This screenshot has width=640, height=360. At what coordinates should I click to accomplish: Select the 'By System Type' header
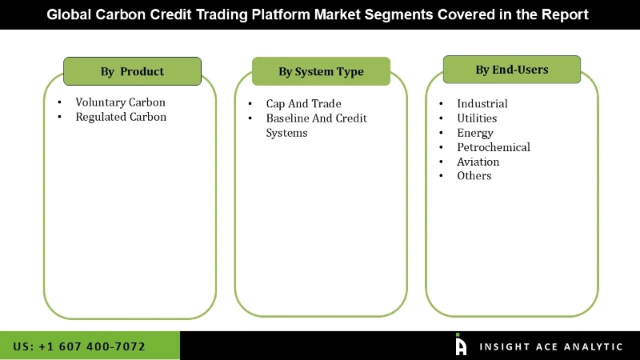(x=321, y=71)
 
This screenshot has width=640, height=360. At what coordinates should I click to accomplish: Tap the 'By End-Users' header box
(x=512, y=70)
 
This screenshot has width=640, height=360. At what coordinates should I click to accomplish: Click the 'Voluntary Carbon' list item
(x=120, y=102)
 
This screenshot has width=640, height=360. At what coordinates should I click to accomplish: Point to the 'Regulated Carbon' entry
(x=121, y=117)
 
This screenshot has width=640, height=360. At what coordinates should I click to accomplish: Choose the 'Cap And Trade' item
(x=303, y=104)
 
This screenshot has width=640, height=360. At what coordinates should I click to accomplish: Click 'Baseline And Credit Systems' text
(x=316, y=126)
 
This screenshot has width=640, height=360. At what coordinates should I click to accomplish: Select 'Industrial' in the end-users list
(x=482, y=103)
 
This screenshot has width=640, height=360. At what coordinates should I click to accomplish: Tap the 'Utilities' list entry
(x=477, y=118)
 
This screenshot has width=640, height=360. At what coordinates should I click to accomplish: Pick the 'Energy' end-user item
(x=474, y=133)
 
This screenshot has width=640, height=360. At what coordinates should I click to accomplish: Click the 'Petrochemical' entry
(x=493, y=147)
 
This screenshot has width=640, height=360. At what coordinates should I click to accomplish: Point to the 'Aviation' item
(x=478, y=162)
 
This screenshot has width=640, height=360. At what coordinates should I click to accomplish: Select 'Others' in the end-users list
(x=474, y=176)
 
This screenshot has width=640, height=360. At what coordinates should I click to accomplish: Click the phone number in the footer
(x=79, y=346)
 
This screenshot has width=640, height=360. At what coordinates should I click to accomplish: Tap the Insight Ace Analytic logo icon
(x=461, y=345)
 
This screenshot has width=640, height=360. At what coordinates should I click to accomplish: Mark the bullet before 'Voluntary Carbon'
(x=60, y=103)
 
